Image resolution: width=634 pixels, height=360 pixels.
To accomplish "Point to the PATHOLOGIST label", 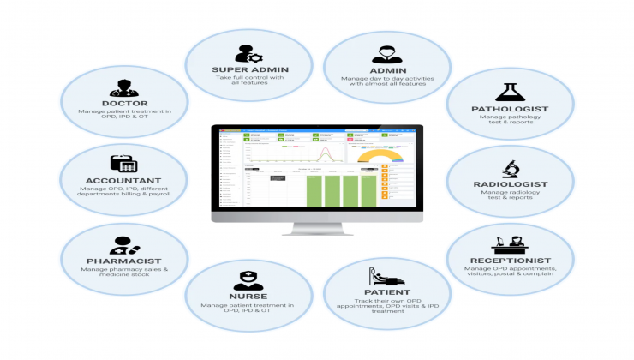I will pos(511,110).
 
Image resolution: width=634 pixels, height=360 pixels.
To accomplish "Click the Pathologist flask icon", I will pos(511,90).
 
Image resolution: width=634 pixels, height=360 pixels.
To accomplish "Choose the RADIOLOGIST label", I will pos(511,183).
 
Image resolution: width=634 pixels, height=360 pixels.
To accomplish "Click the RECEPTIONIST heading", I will pos(511,260).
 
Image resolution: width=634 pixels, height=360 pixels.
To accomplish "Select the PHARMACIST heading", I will pos(126,261).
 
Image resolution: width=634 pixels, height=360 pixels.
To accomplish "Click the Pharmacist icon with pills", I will pos(125,243).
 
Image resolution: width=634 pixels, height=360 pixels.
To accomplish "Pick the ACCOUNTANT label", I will pos(124,180).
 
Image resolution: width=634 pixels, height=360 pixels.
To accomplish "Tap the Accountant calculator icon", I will pos(123,162).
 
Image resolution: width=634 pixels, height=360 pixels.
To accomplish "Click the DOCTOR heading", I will pos(125,104).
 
